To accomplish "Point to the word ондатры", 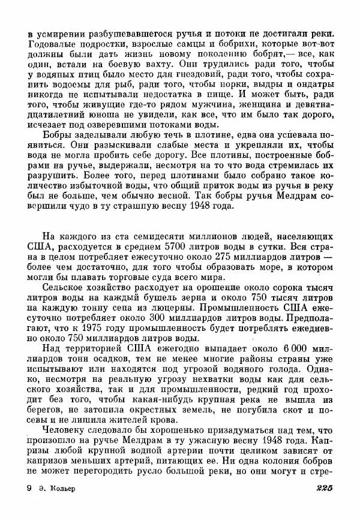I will [313, 85].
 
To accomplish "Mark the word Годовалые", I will [52, 41].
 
